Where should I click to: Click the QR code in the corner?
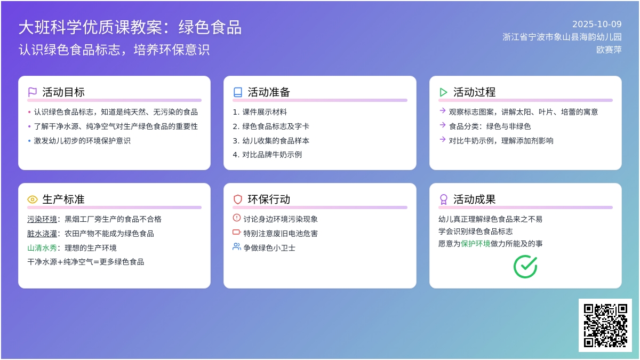(605, 325)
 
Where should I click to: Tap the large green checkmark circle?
(525, 267)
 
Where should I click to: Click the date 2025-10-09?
(597, 24)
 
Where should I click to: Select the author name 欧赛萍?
(609, 50)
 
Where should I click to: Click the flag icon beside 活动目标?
(33, 92)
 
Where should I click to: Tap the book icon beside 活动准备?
(238, 92)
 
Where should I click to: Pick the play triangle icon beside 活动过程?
(443, 92)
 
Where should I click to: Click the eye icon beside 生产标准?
(33, 199)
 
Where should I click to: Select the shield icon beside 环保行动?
(238, 199)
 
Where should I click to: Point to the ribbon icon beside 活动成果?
(443, 199)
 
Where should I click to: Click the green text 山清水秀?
(42, 248)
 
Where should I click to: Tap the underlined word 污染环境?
(42, 219)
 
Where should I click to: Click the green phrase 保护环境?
(476, 244)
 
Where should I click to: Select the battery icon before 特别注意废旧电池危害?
(237, 232)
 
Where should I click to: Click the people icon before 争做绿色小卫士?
(237, 246)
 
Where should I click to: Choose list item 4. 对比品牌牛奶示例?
(267, 155)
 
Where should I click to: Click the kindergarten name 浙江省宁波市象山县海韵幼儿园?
(562, 37)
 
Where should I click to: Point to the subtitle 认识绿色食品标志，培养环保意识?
(114, 50)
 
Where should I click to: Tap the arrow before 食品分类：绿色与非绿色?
(443, 125)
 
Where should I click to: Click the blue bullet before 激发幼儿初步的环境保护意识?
(29, 141)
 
